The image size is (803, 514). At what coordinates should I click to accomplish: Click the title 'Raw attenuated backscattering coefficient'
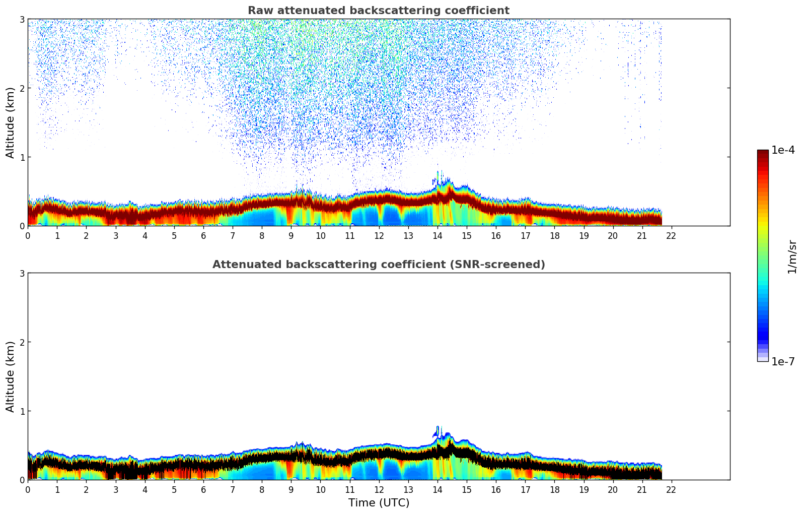pyautogui.click(x=378, y=11)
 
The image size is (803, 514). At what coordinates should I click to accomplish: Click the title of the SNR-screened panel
pyautogui.click(x=378, y=265)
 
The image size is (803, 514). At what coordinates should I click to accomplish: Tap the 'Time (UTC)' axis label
pyautogui.click(x=379, y=503)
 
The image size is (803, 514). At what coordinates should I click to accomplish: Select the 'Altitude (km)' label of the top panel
pyautogui.click(x=11, y=122)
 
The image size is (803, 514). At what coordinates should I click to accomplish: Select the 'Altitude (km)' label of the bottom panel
pyautogui.click(x=11, y=376)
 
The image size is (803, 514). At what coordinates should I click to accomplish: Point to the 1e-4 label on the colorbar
pyautogui.click(x=783, y=150)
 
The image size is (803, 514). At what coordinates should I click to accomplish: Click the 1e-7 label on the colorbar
pyautogui.click(x=783, y=361)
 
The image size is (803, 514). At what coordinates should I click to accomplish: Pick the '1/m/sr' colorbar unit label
pyautogui.click(x=792, y=256)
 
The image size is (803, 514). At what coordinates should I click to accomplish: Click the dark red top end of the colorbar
pyautogui.click(x=763, y=152)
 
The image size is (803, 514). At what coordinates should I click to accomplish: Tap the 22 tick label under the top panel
pyautogui.click(x=671, y=236)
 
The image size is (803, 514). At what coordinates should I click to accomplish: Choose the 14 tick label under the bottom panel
pyautogui.click(x=437, y=490)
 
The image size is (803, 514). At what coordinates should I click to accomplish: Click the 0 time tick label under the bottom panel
pyautogui.click(x=28, y=490)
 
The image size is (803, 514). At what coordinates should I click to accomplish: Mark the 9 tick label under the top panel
pyautogui.click(x=291, y=236)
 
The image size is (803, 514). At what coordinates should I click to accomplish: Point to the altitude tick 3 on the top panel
pyautogui.click(x=22, y=19)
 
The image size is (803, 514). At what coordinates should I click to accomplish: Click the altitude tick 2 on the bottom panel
pyautogui.click(x=22, y=342)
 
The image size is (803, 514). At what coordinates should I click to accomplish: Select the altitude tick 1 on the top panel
pyautogui.click(x=22, y=157)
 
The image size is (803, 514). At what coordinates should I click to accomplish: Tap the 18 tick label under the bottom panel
pyautogui.click(x=554, y=490)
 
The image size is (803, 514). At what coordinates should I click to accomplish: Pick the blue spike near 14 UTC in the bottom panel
pyautogui.click(x=437, y=430)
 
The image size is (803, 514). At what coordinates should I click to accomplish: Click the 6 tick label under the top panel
pyautogui.click(x=203, y=236)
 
